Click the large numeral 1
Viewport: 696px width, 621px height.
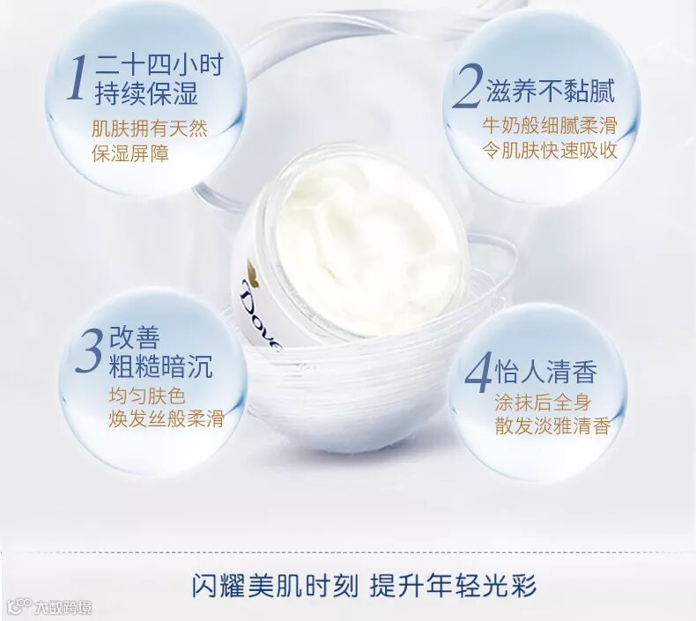[x=77, y=77]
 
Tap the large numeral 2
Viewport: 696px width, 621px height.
[x=467, y=86]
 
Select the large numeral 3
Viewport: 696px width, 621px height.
[x=90, y=351]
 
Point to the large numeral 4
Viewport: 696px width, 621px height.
[x=479, y=372]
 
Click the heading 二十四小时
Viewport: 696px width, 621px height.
[x=159, y=66]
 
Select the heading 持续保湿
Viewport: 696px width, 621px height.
[x=145, y=93]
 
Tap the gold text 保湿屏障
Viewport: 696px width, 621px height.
[x=130, y=153]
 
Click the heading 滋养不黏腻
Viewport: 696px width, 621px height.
[x=551, y=91]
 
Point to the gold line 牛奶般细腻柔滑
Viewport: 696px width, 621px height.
[x=550, y=126]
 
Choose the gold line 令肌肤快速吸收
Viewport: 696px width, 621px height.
[x=550, y=151]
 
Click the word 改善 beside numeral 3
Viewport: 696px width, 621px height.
[x=135, y=337]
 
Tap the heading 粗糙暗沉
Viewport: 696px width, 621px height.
[x=160, y=366]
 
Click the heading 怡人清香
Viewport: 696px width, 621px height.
[x=545, y=372]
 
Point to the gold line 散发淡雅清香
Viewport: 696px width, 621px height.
[x=552, y=426]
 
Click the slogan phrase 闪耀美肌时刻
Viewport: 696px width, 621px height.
[x=275, y=586]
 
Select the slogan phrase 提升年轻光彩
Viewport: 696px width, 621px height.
[x=453, y=586]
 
